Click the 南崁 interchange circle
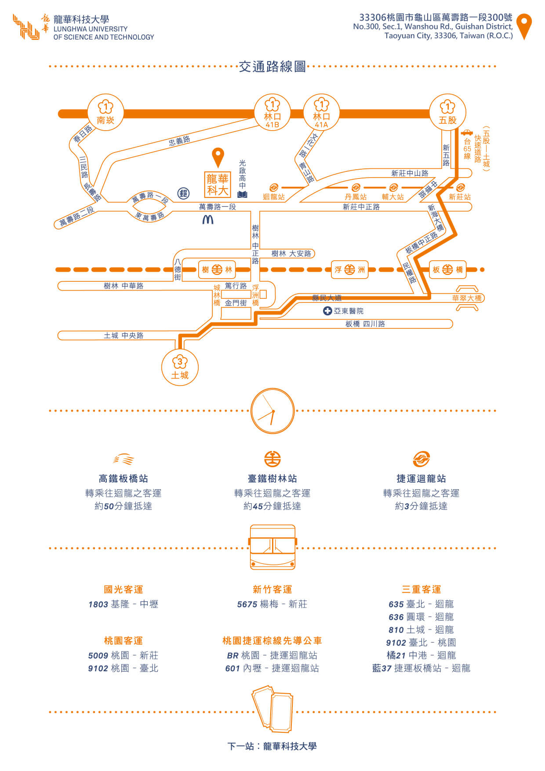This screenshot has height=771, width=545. point(105,112)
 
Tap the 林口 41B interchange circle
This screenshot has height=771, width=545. point(272,112)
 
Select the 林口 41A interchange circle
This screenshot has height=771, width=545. point(321,112)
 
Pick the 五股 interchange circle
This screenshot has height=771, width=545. point(447,112)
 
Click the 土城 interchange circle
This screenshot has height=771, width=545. point(180,367)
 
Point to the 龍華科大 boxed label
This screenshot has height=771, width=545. point(218,184)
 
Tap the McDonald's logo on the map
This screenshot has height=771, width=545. point(208,219)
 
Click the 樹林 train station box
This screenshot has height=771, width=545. point(217,269)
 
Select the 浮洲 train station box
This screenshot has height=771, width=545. point(349,269)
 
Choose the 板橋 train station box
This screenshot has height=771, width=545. point(447,269)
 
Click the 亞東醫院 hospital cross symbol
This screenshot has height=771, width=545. point(327,311)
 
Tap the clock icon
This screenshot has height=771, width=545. point(272,411)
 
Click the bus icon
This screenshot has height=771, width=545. point(272,547)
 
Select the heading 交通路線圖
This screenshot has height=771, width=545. point(272,66)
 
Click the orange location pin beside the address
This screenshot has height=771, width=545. point(524,25)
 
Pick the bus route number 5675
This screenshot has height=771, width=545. point(247,604)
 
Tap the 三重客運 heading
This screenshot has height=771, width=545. point(421,589)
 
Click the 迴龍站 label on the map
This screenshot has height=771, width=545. point(274,197)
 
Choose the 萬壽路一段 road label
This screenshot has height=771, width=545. point(217,207)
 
